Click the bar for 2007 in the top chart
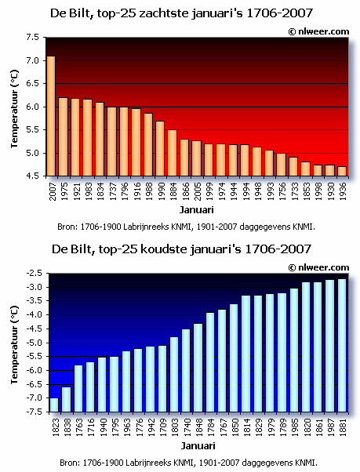[x=51, y=116]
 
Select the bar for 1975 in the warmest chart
[x=64, y=136]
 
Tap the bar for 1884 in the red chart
[x=173, y=153]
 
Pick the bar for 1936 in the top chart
[x=342, y=171]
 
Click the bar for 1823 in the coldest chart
[x=54, y=405]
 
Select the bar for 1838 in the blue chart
[x=66, y=399]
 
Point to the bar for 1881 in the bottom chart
[x=342, y=345]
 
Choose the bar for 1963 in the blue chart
[x=126, y=381]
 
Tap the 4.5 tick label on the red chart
[x=32, y=176]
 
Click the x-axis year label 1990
[x=161, y=191]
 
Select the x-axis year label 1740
[x=187, y=427]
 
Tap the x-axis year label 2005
[x=197, y=191]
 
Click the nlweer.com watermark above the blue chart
[x=318, y=267]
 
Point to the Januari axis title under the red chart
[x=197, y=210]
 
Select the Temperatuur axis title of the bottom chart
[x=14, y=345]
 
